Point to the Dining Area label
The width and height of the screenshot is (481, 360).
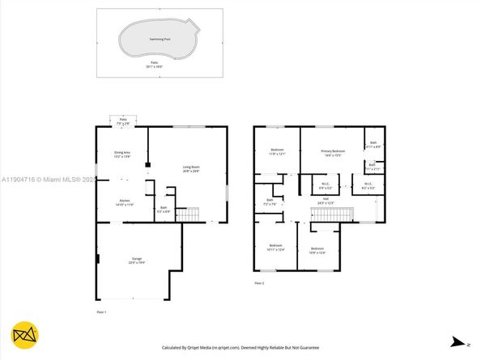click(x=122, y=155)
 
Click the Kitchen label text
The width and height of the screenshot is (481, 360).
click(x=125, y=202)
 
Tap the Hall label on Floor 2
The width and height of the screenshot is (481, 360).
click(x=325, y=199)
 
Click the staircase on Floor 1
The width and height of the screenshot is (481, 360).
click(x=188, y=214)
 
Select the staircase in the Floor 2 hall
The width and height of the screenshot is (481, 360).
click(x=332, y=214)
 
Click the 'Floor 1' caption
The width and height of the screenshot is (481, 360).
click(x=101, y=311)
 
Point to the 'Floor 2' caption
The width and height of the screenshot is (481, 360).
click(x=259, y=283)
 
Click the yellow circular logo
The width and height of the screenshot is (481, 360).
click(x=23, y=335)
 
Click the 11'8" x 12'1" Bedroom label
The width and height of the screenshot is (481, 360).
click(x=277, y=153)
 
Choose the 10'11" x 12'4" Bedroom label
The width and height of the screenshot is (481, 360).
click(x=276, y=247)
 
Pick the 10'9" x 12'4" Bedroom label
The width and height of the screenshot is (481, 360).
click(x=317, y=250)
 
